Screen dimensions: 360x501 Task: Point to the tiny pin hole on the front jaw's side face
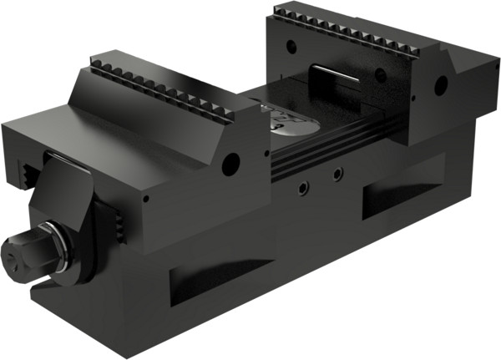(145, 199)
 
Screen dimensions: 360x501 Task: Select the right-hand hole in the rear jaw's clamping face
(380, 76)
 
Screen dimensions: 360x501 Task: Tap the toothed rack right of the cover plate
(119, 221)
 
